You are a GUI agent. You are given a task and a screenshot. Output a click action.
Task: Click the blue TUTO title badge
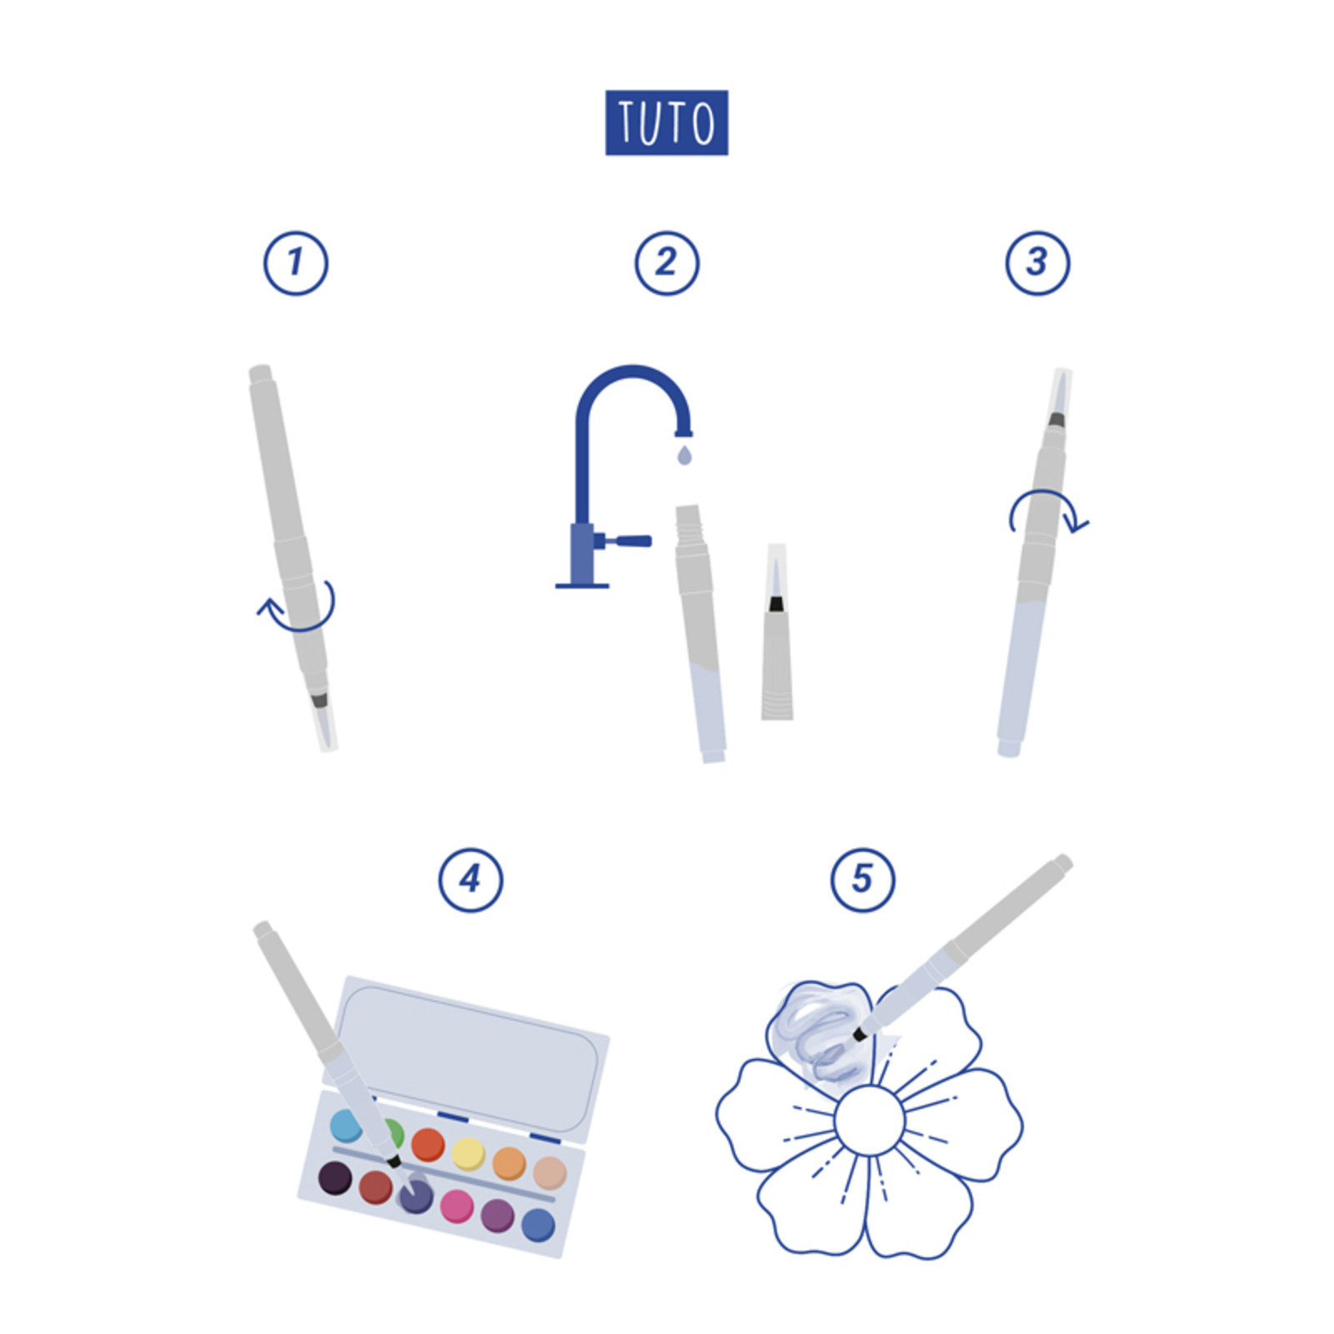(666, 123)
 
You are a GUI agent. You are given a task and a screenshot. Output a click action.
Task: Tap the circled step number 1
(296, 263)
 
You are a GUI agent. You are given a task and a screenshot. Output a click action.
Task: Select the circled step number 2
(667, 263)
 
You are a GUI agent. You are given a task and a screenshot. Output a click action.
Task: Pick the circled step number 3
(1038, 263)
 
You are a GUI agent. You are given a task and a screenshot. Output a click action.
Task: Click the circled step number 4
(471, 880)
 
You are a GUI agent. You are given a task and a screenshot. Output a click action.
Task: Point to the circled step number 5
(863, 880)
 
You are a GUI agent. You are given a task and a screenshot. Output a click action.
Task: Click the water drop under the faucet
(685, 454)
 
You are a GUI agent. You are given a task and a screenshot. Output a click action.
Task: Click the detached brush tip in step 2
(776, 632)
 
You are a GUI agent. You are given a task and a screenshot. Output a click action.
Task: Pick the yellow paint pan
(469, 1154)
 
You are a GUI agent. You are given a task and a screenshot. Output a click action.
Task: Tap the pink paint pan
(457, 1206)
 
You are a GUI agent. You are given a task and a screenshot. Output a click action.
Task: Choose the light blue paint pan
(345, 1126)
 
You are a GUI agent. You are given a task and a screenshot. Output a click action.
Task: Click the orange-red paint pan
(429, 1145)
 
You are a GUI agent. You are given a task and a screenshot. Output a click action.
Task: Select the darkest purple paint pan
(335, 1178)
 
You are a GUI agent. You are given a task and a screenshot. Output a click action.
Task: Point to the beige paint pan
(549, 1173)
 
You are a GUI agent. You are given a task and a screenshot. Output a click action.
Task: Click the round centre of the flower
(869, 1120)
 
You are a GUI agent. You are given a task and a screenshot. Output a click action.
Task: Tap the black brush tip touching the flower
(860, 1035)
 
